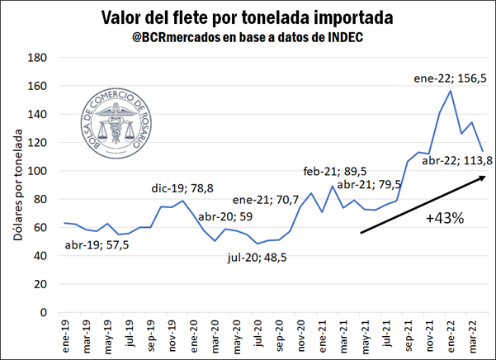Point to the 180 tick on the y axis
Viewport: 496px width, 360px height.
(35, 58)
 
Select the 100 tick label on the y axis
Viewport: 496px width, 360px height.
(35, 171)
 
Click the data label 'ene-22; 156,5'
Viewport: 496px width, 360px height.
(448, 78)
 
